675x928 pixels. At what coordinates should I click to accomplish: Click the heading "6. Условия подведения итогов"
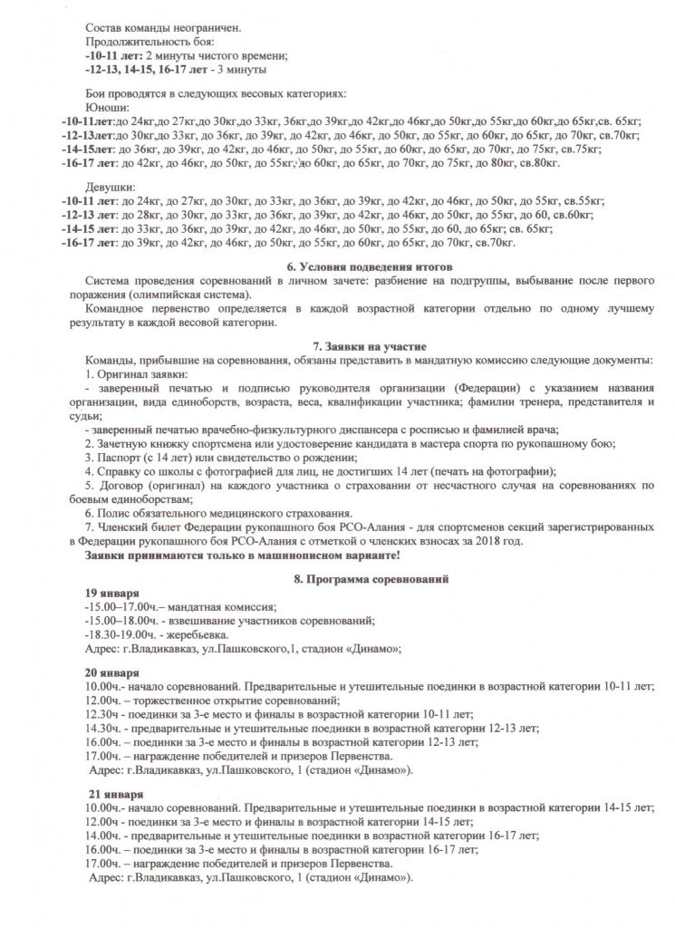point(362,266)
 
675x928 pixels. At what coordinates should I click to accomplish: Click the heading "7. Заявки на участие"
point(362,346)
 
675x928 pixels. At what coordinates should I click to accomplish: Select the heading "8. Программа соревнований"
point(363,577)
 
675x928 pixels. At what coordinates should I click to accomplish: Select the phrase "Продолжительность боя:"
point(149,42)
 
